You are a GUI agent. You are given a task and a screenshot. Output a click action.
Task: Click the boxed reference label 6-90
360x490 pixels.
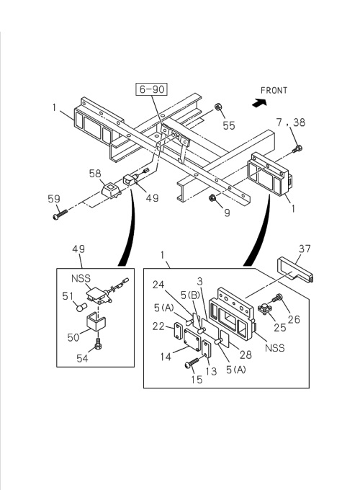point(151,89)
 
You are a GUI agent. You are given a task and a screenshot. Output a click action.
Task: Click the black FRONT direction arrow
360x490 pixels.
point(259,103)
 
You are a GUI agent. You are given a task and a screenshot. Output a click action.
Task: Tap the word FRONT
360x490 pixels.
point(274,91)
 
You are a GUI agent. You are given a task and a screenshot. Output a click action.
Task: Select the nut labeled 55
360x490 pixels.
point(218,107)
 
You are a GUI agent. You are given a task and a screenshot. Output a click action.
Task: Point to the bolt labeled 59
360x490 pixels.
point(60,215)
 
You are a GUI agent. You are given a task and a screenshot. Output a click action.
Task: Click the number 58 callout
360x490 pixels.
point(95,174)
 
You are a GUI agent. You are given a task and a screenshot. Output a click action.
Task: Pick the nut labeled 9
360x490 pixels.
point(212,197)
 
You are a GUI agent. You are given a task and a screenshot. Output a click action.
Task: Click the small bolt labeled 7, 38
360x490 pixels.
point(297,149)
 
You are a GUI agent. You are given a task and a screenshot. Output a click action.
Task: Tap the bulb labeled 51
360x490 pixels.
point(81,307)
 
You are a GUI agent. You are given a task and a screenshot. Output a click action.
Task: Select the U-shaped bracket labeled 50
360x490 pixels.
point(95,322)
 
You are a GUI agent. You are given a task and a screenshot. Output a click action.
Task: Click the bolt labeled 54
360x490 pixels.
point(98,344)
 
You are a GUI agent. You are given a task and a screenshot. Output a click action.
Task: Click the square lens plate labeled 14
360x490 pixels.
point(192,337)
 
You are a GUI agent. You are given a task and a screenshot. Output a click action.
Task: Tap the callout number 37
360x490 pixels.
point(305,249)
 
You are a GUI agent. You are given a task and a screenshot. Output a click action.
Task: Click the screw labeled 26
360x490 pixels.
point(277,298)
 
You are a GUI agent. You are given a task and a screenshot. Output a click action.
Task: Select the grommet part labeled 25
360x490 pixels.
point(265,308)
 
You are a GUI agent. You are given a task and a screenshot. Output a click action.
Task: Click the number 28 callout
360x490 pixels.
point(246,355)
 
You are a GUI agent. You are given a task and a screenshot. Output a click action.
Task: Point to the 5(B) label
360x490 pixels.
point(191,295)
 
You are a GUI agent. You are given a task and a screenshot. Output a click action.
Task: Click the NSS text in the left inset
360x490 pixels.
point(81,278)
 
